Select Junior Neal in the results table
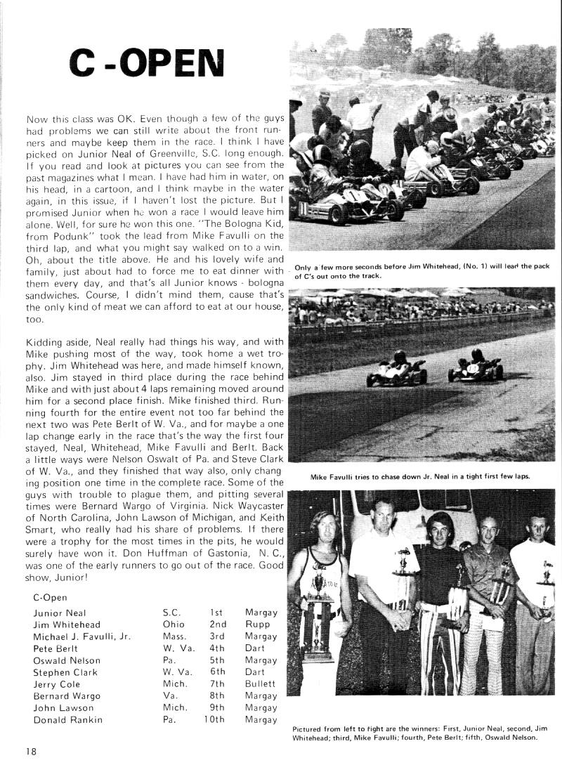[x=59, y=613]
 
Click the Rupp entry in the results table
[x=257, y=625]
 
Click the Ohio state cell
[x=173, y=625]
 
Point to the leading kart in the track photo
[x=397, y=370]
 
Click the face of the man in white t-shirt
[x=384, y=511]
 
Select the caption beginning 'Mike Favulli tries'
[x=420, y=477]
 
